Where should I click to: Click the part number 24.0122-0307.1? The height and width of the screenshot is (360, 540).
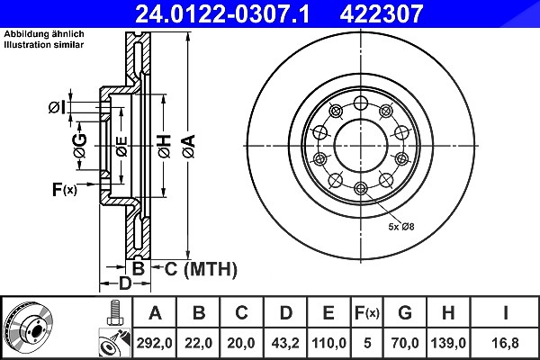(222, 13)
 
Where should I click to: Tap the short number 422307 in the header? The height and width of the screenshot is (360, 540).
(382, 13)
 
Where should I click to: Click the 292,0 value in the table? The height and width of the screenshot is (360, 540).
(154, 343)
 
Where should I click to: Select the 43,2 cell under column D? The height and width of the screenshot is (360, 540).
(285, 343)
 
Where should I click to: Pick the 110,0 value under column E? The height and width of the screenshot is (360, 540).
(328, 343)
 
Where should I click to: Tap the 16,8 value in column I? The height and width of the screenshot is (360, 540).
(505, 343)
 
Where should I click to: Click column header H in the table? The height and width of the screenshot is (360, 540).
(447, 313)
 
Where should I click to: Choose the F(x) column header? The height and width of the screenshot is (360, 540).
(367, 313)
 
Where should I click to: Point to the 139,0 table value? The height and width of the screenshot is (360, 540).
(448, 343)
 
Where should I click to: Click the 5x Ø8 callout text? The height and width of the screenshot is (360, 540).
(401, 227)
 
